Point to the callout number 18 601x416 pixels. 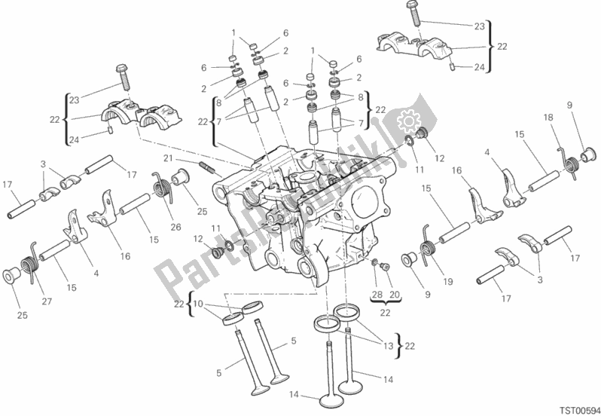(x=549, y=118)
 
